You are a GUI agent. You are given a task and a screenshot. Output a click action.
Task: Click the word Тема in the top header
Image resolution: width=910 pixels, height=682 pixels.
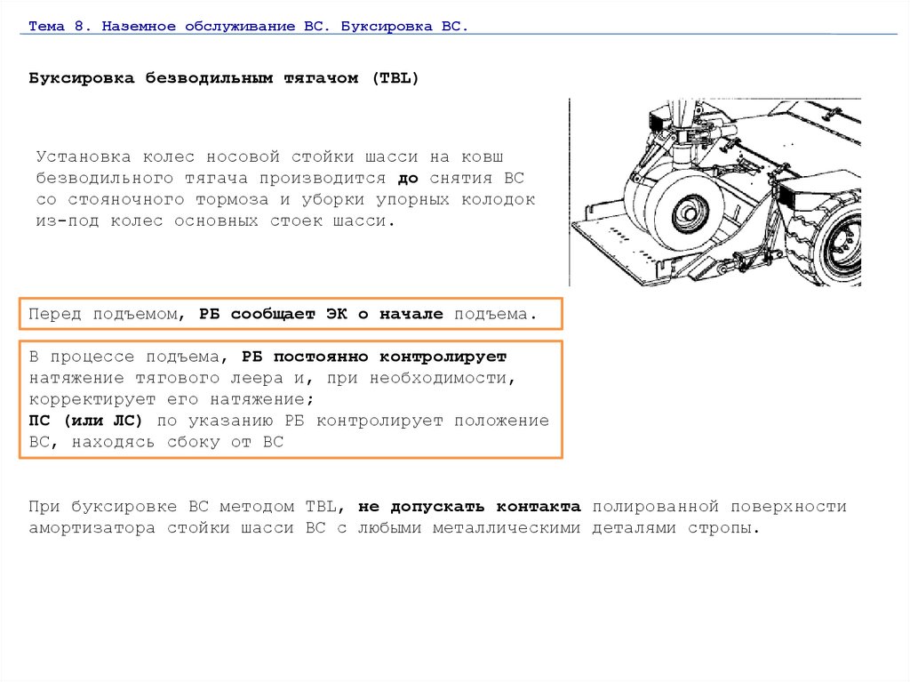[x=46, y=26]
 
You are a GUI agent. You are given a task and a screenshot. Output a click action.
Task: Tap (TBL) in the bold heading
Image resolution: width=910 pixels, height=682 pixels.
[x=395, y=78]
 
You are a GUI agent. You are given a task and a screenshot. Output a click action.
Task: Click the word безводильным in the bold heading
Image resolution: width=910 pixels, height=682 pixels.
[x=209, y=78]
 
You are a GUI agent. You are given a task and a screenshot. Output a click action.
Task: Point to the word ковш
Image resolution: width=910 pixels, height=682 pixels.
[x=483, y=156]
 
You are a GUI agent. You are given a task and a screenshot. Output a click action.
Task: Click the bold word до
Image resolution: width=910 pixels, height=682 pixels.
[x=408, y=179]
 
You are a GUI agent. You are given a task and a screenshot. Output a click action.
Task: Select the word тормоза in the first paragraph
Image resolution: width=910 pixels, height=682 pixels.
[x=232, y=200]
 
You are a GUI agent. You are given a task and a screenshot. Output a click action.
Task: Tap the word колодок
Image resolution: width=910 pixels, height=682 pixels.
[x=499, y=200]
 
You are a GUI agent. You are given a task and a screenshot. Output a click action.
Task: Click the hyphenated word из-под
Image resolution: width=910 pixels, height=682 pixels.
[x=68, y=221]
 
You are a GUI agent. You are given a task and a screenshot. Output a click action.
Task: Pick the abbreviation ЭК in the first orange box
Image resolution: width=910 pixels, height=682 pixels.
[x=337, y=314]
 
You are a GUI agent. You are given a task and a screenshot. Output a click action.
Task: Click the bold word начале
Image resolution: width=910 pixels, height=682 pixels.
[x=411, y=314]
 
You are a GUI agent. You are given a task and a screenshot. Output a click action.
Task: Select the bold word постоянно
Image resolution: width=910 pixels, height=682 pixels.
[x=321, y=357]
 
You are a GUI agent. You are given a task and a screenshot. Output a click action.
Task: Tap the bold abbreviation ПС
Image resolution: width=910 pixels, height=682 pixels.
[x=39, y=421]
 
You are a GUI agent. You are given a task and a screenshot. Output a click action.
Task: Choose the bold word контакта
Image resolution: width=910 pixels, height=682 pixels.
[x=539, y=507]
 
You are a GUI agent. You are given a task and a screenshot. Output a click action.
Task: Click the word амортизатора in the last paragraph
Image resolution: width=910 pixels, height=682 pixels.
[x=92, y=529]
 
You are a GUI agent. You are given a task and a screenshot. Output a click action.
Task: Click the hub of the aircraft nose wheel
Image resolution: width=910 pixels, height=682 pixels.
[x=690, y=213]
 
